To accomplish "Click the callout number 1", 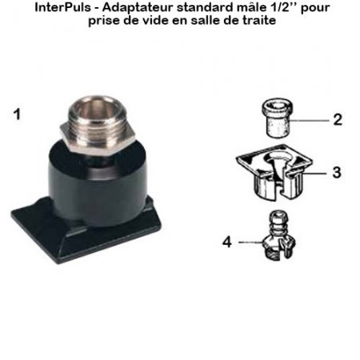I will click(17, 114).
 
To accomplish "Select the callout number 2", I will click(338, 120).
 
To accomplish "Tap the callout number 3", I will click(338, 171).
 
